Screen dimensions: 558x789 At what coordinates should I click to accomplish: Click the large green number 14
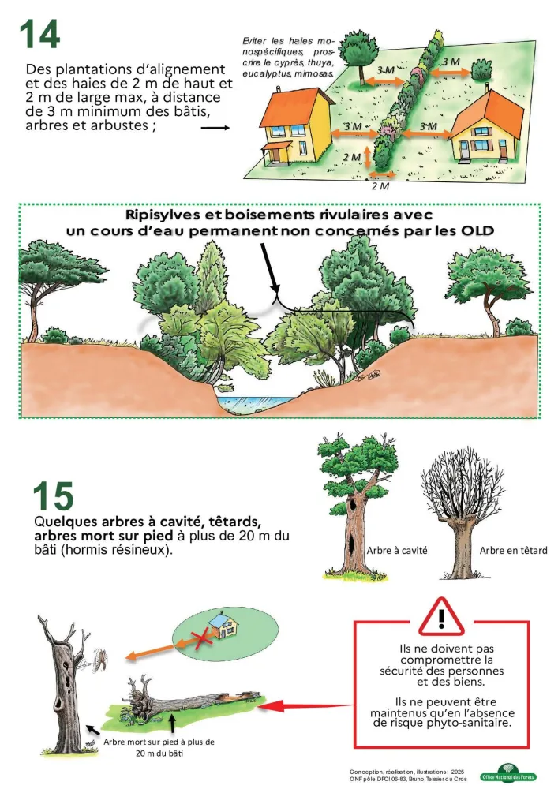(39, 34)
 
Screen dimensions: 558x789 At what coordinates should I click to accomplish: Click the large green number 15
(54, 496)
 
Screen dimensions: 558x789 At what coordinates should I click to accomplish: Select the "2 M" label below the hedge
(380, 186)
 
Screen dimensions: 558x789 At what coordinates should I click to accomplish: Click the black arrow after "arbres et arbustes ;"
(215, 128)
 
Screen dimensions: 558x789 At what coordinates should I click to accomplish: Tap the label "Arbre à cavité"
(397, 551)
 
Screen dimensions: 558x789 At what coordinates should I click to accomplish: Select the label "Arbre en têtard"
(513, 551)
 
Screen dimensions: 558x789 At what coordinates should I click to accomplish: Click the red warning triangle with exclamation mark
(441, 618)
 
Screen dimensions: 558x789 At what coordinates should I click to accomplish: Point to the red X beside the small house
(200, 641)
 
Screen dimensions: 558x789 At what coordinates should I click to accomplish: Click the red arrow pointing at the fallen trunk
(306, 706)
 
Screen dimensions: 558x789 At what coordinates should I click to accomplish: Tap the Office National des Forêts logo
(509, 775)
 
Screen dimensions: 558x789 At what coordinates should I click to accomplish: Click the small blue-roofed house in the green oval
(224, 625)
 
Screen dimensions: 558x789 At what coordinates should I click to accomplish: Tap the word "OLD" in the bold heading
(477, 231)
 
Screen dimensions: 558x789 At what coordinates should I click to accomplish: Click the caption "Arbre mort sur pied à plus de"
(159, 742)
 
